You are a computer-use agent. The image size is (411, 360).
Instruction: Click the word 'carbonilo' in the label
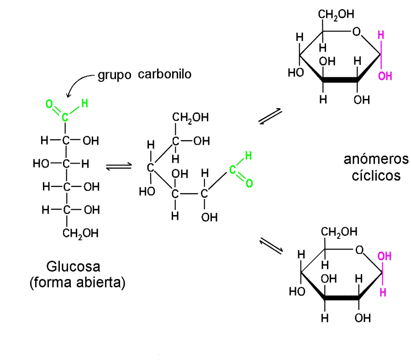pos(164,74)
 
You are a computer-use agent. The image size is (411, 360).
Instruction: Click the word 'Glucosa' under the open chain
pos(73,266)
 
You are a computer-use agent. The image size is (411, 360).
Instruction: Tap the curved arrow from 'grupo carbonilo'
pos(78,85)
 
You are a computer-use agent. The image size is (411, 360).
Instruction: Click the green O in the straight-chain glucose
pos(49,104)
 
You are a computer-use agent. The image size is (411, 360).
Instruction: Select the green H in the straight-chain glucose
pos(84,104)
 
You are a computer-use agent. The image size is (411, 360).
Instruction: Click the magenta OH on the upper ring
pos(385,76)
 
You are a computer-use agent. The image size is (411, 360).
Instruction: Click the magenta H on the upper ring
pos(381,35)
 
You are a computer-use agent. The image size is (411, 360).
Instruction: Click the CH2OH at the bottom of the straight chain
pos(80,233)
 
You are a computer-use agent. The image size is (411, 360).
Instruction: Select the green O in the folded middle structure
pos(249,184)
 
